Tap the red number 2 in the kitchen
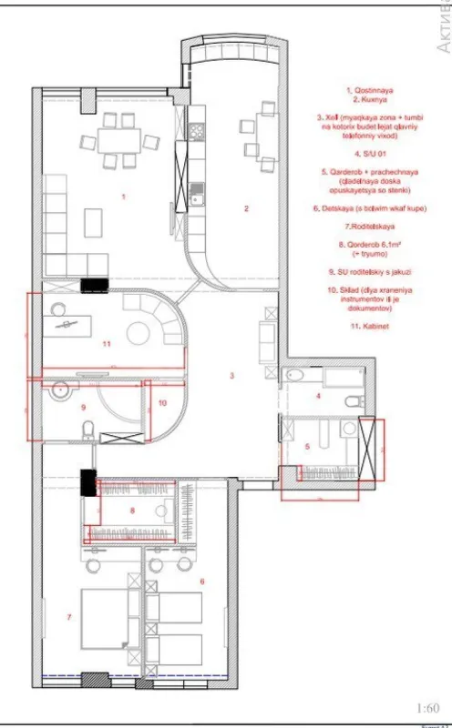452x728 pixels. tap(246, 209)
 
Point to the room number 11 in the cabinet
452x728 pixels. tap(107, 345)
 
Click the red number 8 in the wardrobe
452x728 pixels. tap(132, 511)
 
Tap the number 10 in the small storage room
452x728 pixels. tap(162, 401)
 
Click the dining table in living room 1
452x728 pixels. tap(116, 139)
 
